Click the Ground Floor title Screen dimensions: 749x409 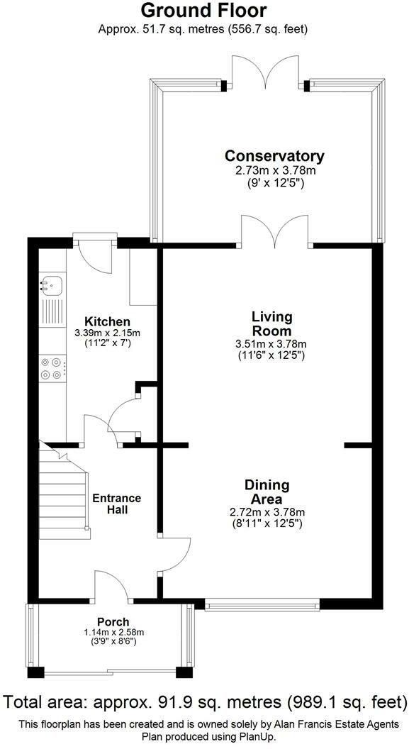[204, 10]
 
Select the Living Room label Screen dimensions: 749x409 [271, 323]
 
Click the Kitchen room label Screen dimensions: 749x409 [108, 321]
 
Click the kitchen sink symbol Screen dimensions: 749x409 [51, 285]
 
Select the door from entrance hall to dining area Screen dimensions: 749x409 [176, 553]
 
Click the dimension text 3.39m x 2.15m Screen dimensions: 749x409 [108, 333]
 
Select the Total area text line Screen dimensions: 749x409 [204, 702]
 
